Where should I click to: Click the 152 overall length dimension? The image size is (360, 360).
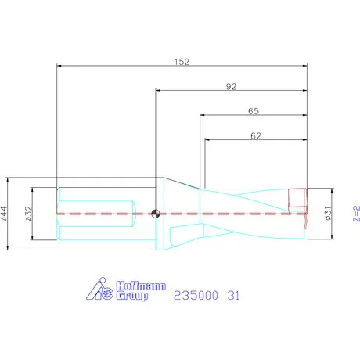(182, 60)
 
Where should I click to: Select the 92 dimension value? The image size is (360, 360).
(231, 87)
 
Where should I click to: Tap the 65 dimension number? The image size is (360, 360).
(254, 111)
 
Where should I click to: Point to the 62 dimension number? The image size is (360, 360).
(256, 136)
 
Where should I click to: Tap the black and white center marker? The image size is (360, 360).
(157, 211)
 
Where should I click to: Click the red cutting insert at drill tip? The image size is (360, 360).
(297, 200)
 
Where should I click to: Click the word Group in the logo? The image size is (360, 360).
(131, 297)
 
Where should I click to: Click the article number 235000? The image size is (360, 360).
(196, 295)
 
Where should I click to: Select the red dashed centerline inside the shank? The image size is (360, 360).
(102, 213)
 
